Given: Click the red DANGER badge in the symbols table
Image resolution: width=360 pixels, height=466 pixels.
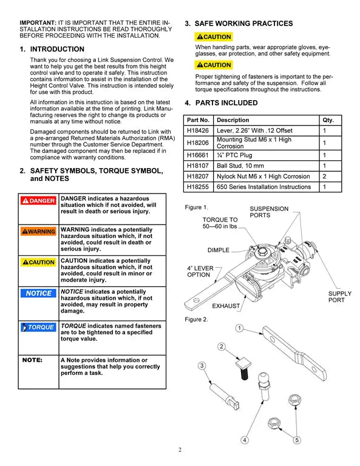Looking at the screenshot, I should pos(38,200).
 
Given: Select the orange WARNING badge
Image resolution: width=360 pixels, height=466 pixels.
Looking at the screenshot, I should pos(38,231).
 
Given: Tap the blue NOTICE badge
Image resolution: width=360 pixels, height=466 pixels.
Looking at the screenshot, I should pos(38,293).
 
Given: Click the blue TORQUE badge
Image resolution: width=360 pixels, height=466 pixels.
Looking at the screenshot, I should pos(38,327).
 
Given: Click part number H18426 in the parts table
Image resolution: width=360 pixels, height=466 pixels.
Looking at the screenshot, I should pos(198,130).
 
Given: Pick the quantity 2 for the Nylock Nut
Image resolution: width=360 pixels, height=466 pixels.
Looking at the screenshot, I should pos(325,176).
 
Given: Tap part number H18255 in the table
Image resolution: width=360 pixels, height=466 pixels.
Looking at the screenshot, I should pos(198,187).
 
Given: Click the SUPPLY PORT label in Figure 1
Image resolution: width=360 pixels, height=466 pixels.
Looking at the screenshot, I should pos(339,297).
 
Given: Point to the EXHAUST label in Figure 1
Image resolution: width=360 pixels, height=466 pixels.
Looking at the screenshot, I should pos(226,306).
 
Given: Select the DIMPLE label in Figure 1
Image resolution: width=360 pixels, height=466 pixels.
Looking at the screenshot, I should pos(219,250).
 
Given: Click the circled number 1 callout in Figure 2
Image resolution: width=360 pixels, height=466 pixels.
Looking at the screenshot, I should pos(239,328).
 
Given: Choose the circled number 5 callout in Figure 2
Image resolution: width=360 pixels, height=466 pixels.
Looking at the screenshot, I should pos(296,440).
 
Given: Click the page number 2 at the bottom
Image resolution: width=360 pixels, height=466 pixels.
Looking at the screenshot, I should pos(180,450).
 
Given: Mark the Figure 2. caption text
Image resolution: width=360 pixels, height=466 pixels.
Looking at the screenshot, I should pos(196,319).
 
